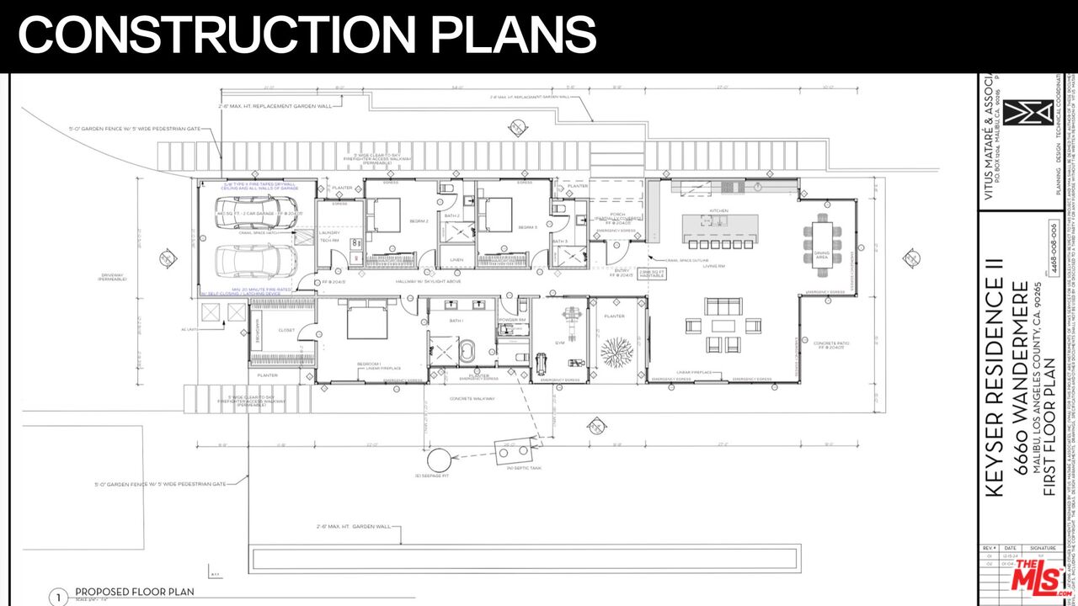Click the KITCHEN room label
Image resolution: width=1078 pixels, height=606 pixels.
coord(718,210)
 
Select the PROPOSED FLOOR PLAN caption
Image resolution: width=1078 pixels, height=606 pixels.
coord(135,592)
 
